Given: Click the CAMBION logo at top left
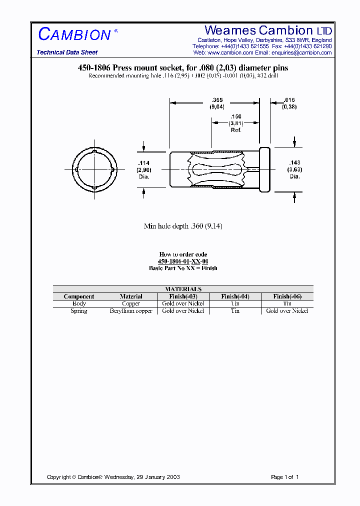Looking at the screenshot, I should [x=74, y=34].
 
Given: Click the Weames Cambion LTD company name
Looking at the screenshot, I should [x=268, y=30].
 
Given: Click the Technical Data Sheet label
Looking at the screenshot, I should [x=67, y=52].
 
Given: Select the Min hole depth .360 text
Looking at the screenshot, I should [x=183, y=226].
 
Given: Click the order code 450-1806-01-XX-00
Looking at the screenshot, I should [x=183, y=261].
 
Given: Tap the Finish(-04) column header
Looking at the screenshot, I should [x=235, y=296].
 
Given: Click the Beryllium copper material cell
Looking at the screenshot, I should [x=131, y=311].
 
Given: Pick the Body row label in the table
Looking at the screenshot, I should [x=79, y=303].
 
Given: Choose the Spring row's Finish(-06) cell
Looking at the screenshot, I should [x=287, y=311].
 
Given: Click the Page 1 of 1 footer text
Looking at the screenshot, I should [x=284, y=477].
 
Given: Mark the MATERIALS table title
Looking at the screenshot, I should [x=183, y=289].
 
